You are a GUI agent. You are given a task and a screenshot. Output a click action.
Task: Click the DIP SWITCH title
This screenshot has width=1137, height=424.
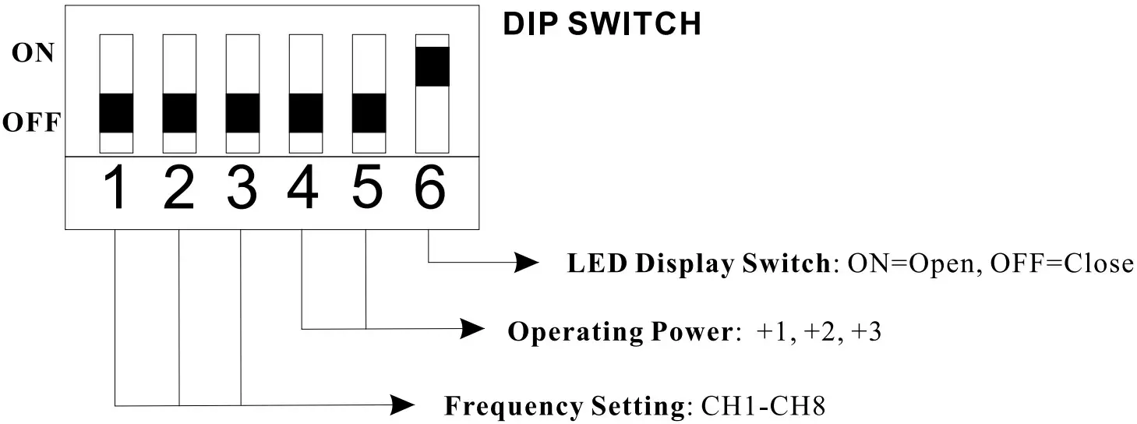click(x=602, y=24)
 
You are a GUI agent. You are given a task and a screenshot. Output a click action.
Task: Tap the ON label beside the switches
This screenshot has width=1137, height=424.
click(x=34, y=54)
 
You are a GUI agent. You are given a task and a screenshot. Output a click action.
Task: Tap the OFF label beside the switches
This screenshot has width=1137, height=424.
click(x=30, y=123)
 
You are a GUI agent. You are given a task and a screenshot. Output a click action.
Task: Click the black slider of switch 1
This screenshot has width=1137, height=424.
click(x=116, y=113)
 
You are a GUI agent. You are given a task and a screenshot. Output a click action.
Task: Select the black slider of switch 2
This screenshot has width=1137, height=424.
click(x=179, y=113)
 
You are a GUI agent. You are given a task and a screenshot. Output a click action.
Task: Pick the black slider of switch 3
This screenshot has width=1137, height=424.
click(x=242, y=113)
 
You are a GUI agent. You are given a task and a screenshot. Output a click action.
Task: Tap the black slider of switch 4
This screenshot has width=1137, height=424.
click(x=305, y=113)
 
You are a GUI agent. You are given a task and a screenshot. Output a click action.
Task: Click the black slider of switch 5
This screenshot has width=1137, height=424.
click(x=369, y=113)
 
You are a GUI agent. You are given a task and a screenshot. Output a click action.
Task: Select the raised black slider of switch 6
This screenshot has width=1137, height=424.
click(x=433, y=66)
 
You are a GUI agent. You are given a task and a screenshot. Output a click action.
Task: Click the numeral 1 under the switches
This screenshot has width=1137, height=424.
click(x=116, y=190)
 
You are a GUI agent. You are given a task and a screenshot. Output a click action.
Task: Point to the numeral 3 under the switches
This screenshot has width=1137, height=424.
click(x=242, y=190)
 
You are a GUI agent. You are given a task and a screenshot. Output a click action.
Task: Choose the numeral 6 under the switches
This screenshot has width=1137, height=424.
click(x=431, y=190)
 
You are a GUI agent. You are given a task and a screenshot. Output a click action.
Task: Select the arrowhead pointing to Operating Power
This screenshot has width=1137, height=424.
click(x=472, y=329)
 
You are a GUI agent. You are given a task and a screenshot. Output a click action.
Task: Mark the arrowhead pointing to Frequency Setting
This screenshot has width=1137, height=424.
click(x=401, y=405)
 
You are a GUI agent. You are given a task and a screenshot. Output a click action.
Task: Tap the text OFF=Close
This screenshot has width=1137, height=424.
click(x=1061, y=264)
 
